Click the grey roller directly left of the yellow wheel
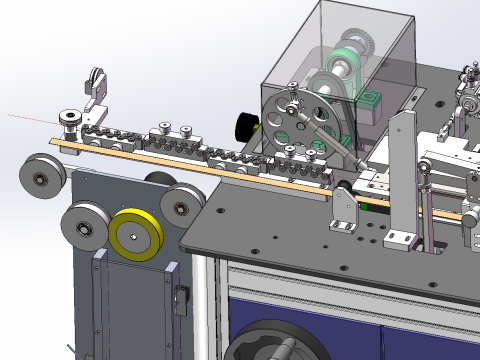[x=82, y=228]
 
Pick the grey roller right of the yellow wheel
[x=180, y=207]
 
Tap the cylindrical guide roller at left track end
[x=71, y=121]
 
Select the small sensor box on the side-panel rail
[x=181, y=298]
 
